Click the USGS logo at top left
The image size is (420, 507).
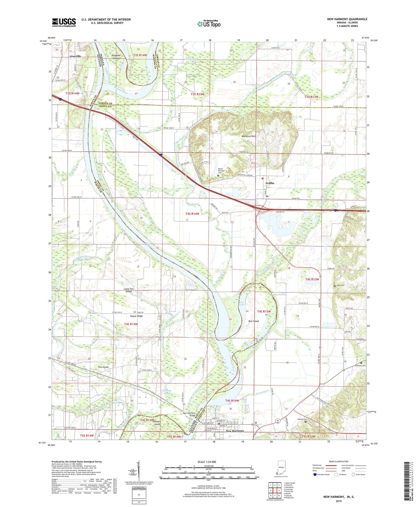64,22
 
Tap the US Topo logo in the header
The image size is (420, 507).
209,24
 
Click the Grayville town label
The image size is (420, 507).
75,56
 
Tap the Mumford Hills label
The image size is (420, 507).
248,136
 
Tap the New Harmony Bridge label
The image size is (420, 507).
189,414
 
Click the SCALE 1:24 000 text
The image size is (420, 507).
206,462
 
